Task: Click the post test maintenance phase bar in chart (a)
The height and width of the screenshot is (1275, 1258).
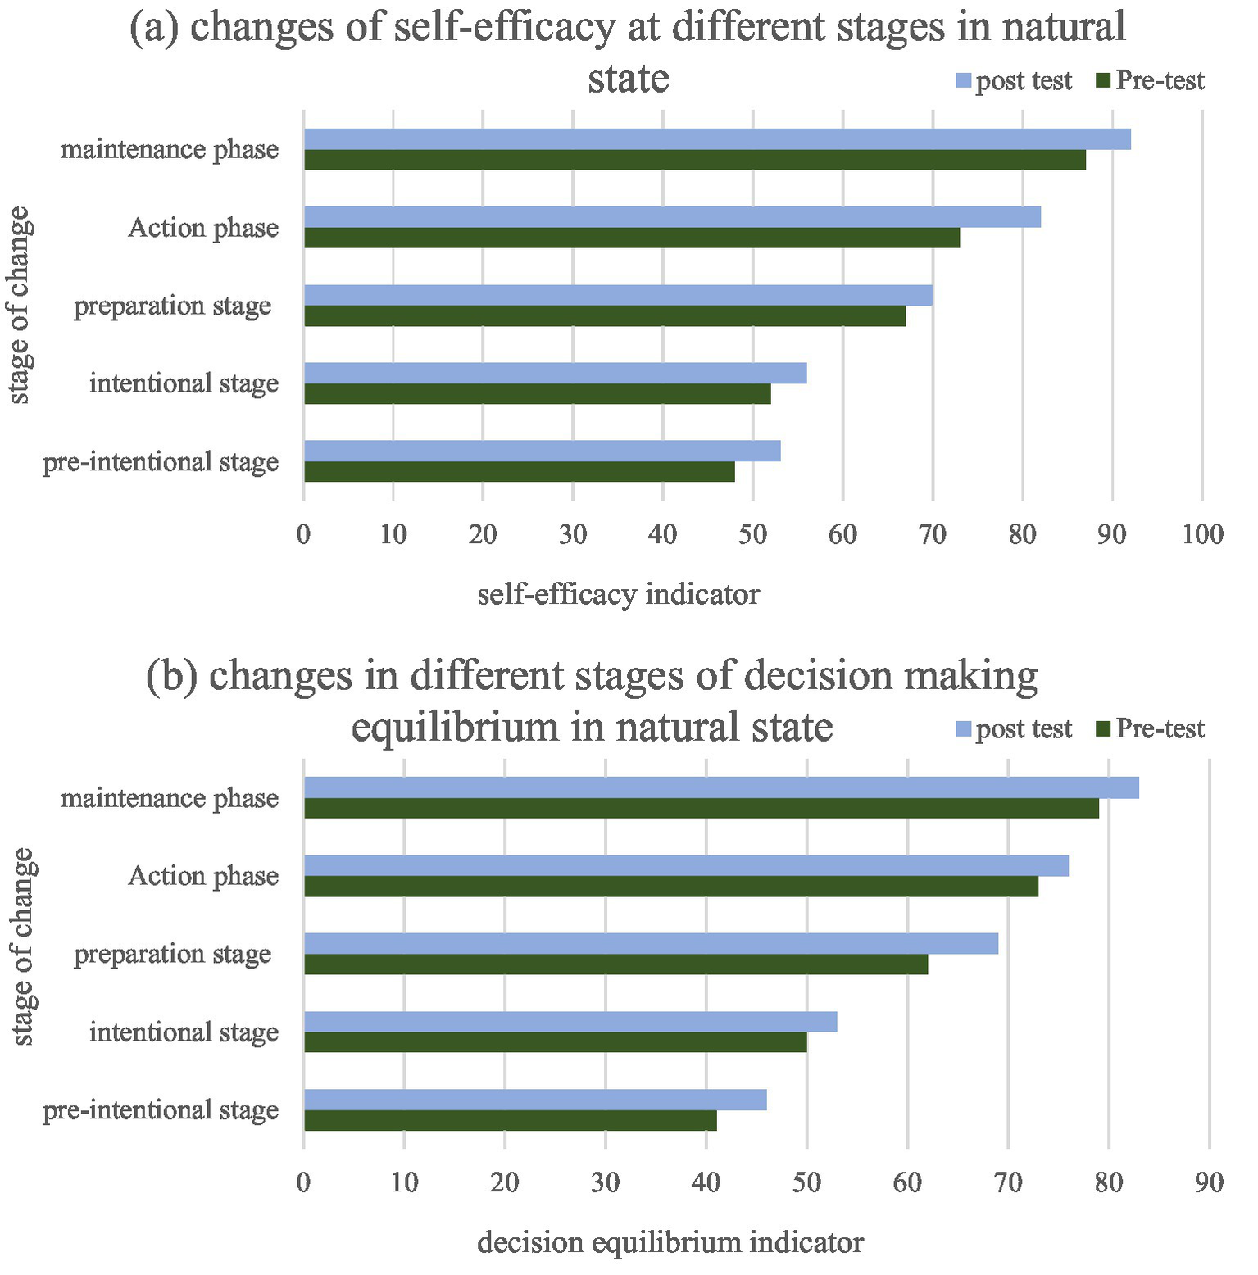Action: tap(717, 139)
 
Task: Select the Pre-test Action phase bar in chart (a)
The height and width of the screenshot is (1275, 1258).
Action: tap(631, 238)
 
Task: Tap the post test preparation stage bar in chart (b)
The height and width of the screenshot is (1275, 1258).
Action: tap(651, 943)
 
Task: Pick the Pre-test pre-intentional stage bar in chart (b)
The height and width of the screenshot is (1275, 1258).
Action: tap(510, 1120)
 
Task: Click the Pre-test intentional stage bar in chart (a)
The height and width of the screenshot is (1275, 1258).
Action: tap(537, 394)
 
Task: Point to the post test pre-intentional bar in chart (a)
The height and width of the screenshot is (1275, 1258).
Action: tap(542, 451)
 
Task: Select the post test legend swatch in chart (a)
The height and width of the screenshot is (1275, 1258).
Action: tap(963, 81)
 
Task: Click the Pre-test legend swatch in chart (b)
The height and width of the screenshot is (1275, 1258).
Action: tap(1103, 728)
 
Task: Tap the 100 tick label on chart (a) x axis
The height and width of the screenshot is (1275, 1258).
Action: tap(1202, 535)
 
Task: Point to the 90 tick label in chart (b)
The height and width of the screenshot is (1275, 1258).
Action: tap(1209, 1182)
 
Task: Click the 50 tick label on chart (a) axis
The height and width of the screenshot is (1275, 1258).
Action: tap(752, 535)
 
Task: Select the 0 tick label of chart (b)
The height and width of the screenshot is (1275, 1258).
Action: tap(304, 1182)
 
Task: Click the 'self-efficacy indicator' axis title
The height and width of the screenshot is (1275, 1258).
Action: tap(618, 594)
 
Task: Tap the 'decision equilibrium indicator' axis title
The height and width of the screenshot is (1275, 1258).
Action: tap(670, 1243)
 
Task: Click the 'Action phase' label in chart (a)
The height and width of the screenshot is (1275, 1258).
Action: tap(203, 228)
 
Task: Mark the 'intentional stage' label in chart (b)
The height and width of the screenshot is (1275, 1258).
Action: tap(184, 1032)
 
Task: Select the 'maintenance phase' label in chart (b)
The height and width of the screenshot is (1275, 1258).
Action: tap(170, 798)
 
